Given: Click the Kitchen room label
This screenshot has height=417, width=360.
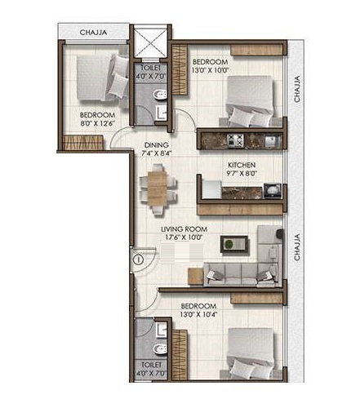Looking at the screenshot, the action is click(242, 165).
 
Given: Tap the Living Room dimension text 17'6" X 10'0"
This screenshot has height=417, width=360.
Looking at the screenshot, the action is click(184, 237).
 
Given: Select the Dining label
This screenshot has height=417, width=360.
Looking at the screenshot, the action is click(156, 145).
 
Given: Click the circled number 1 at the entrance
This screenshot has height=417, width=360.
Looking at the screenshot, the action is click(139, 260).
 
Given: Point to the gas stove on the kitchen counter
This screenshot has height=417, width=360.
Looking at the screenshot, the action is click(235, 140).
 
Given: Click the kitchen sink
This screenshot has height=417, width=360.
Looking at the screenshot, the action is click(273, 141).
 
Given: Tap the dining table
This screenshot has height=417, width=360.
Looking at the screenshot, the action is click(158, 189).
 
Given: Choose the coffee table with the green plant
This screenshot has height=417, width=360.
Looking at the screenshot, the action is click(234, 244).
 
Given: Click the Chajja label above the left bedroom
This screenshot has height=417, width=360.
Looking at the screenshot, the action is click(93, 33).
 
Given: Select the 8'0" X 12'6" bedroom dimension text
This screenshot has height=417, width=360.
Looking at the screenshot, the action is click(97, 123).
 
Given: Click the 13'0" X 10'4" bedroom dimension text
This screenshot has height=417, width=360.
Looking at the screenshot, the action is click(198, 314).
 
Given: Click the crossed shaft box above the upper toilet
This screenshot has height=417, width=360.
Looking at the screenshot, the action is click(150, 42).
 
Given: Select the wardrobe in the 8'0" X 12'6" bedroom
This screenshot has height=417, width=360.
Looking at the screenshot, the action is click(83, 143).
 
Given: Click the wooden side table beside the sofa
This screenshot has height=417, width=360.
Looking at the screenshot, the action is click(196, 276).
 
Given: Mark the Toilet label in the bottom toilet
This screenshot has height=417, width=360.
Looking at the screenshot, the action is click(152, 365).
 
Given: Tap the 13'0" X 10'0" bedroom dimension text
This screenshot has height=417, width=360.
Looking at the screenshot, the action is click(209, 70).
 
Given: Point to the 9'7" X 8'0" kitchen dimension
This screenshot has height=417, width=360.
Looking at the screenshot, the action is click(242, 173).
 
